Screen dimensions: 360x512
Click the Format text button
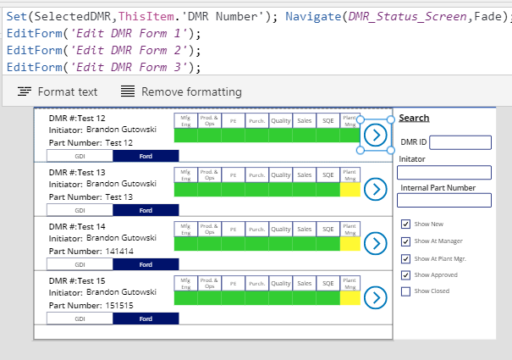click(x=58, y=91)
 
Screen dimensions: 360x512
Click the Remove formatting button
click(x=181, y=91)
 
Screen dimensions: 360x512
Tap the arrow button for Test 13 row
click(x=374, y=189)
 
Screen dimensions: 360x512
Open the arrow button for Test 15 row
click(x=374, y=296)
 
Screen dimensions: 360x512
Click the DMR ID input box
click(x=460, y=142)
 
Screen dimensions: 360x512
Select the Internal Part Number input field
click(x=444, y=201)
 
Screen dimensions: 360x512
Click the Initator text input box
click(x=444, y=172)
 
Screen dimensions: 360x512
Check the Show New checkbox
click(x=405, y=224)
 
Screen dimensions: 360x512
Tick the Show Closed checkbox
click(x=405, y=291)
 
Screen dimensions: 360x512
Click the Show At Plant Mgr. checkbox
click(x=405, y=258)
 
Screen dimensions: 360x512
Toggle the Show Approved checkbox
click(x=405, y=274)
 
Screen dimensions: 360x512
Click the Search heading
click(x=414, y=118)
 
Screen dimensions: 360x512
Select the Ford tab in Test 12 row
click(x=146, y=156)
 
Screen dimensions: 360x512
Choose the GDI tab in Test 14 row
click(x=80, y=263)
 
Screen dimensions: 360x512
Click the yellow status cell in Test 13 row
click(x=350, y=190)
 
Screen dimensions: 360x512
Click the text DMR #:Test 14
click(x=77, y=226)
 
